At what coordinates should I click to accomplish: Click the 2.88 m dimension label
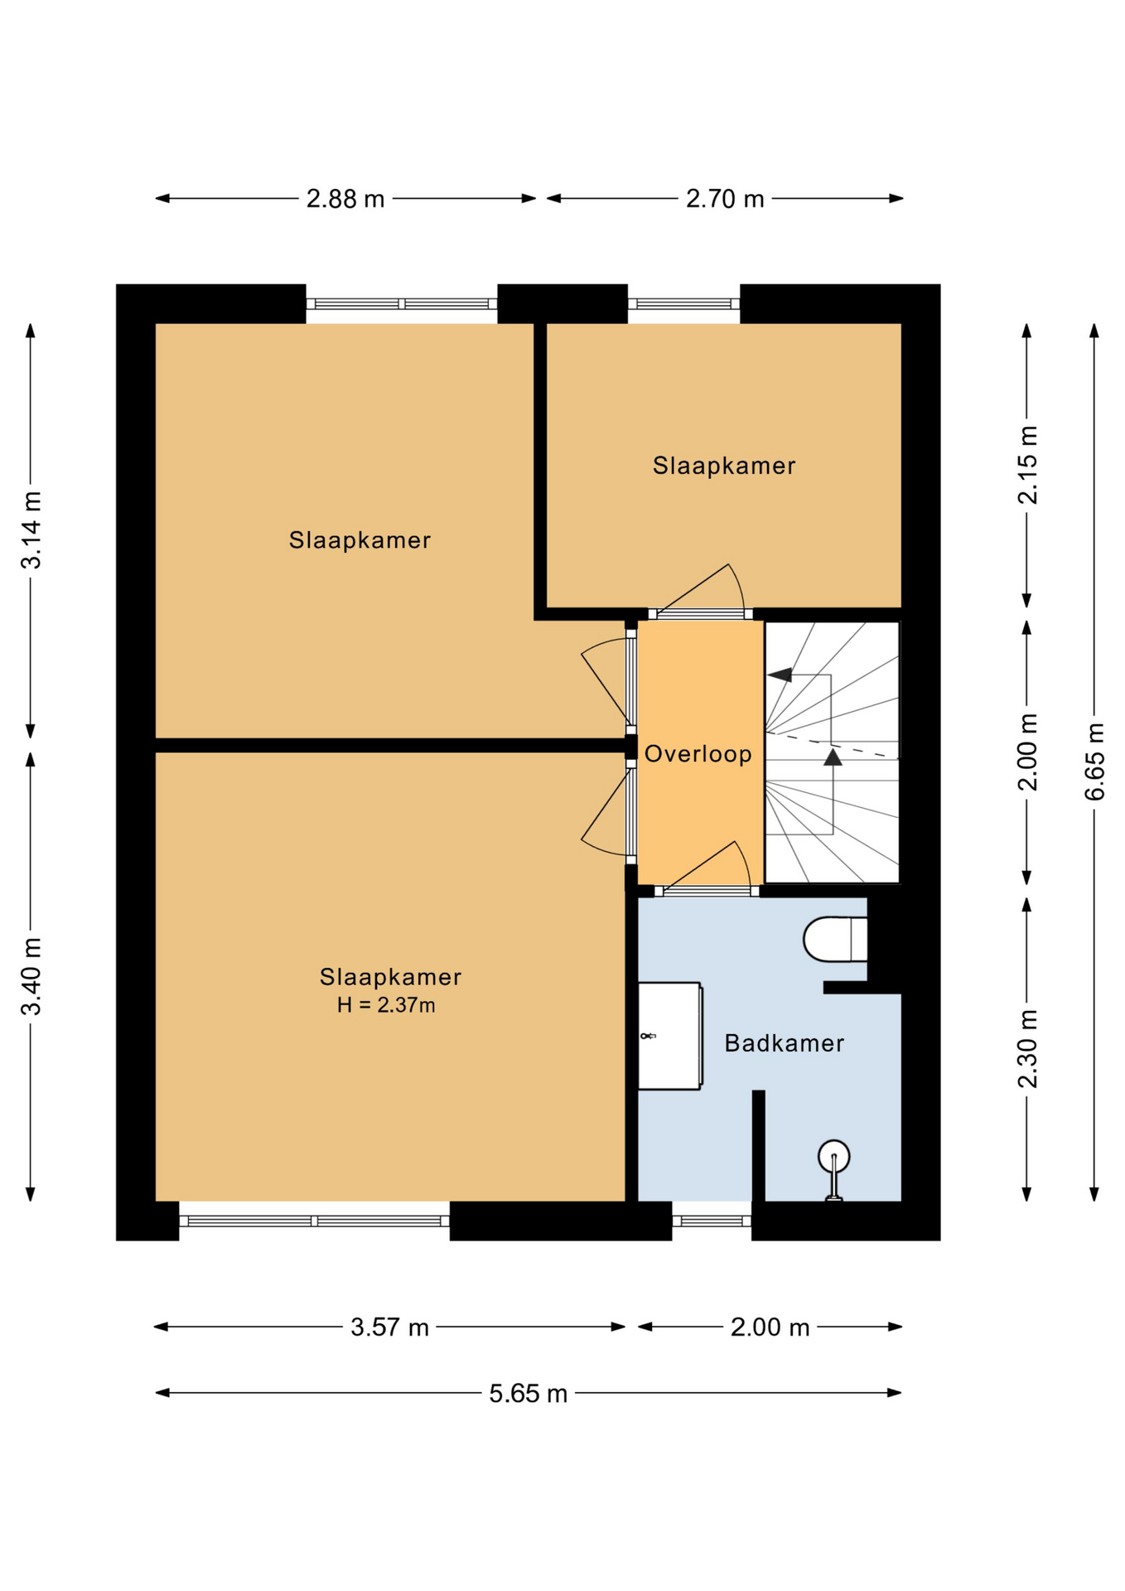[x=345, y=199]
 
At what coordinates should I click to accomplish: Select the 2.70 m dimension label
[x=725, y=199]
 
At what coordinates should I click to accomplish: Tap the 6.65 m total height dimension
[x=1094, y=762]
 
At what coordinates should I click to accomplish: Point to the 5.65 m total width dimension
[x=528, y=1394]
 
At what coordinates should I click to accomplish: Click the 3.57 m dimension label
[x=389, y=1327]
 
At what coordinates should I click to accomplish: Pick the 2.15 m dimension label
[x=1027, y=465]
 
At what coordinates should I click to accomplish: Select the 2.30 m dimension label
[x=1027, y=1048]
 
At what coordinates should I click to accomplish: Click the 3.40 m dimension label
[x=31, y=976]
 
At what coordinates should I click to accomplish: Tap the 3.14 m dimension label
[x=31, y=530]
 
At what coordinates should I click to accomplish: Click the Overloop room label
[x=698, y=754]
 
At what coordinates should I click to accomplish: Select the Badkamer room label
[x=785, y=1043]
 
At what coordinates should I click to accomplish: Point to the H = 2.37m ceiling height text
[x=386, y=1005]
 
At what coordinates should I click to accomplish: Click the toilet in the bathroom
[x=835, y=939]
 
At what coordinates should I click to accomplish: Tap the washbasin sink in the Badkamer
[x=669, y=1036]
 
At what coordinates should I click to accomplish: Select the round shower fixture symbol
[x=833, y=1169]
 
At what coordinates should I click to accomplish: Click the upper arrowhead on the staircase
[x=780, y=675]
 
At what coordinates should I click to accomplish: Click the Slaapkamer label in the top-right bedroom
[x=724, y=466]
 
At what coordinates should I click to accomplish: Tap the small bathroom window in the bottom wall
[x=712, y=1221]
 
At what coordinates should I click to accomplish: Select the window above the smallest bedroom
[x=683, y=304]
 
